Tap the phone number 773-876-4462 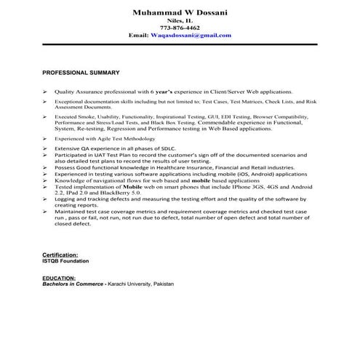(180, 28)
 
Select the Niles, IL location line (180, 20)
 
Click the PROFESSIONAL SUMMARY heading (81, 73)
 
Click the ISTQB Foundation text (66, 260)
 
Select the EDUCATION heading (59, 278)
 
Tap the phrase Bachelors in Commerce (73, 284)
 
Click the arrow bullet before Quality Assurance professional (45, 93)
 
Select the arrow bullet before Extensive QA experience (45, 148)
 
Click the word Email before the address (137, 35)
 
